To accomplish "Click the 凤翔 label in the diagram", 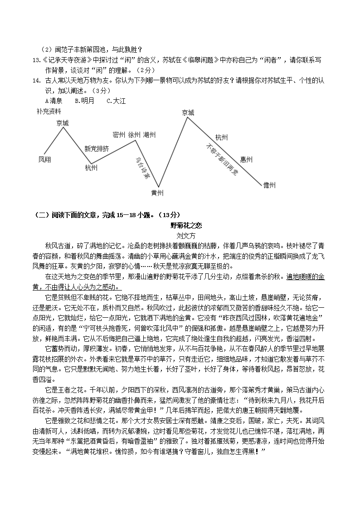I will pos(45,160).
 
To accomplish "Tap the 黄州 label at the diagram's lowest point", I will pos(157,193).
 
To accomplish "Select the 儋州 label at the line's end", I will pos(269,185).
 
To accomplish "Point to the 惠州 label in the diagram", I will pos(246,159).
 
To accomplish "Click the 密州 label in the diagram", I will pos(119,135).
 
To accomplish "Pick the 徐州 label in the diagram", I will pos(134,135).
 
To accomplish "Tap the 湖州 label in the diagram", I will pos(150,135).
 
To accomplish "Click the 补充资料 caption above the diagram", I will pos(49,111).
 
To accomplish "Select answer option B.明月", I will pos(85,101).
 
